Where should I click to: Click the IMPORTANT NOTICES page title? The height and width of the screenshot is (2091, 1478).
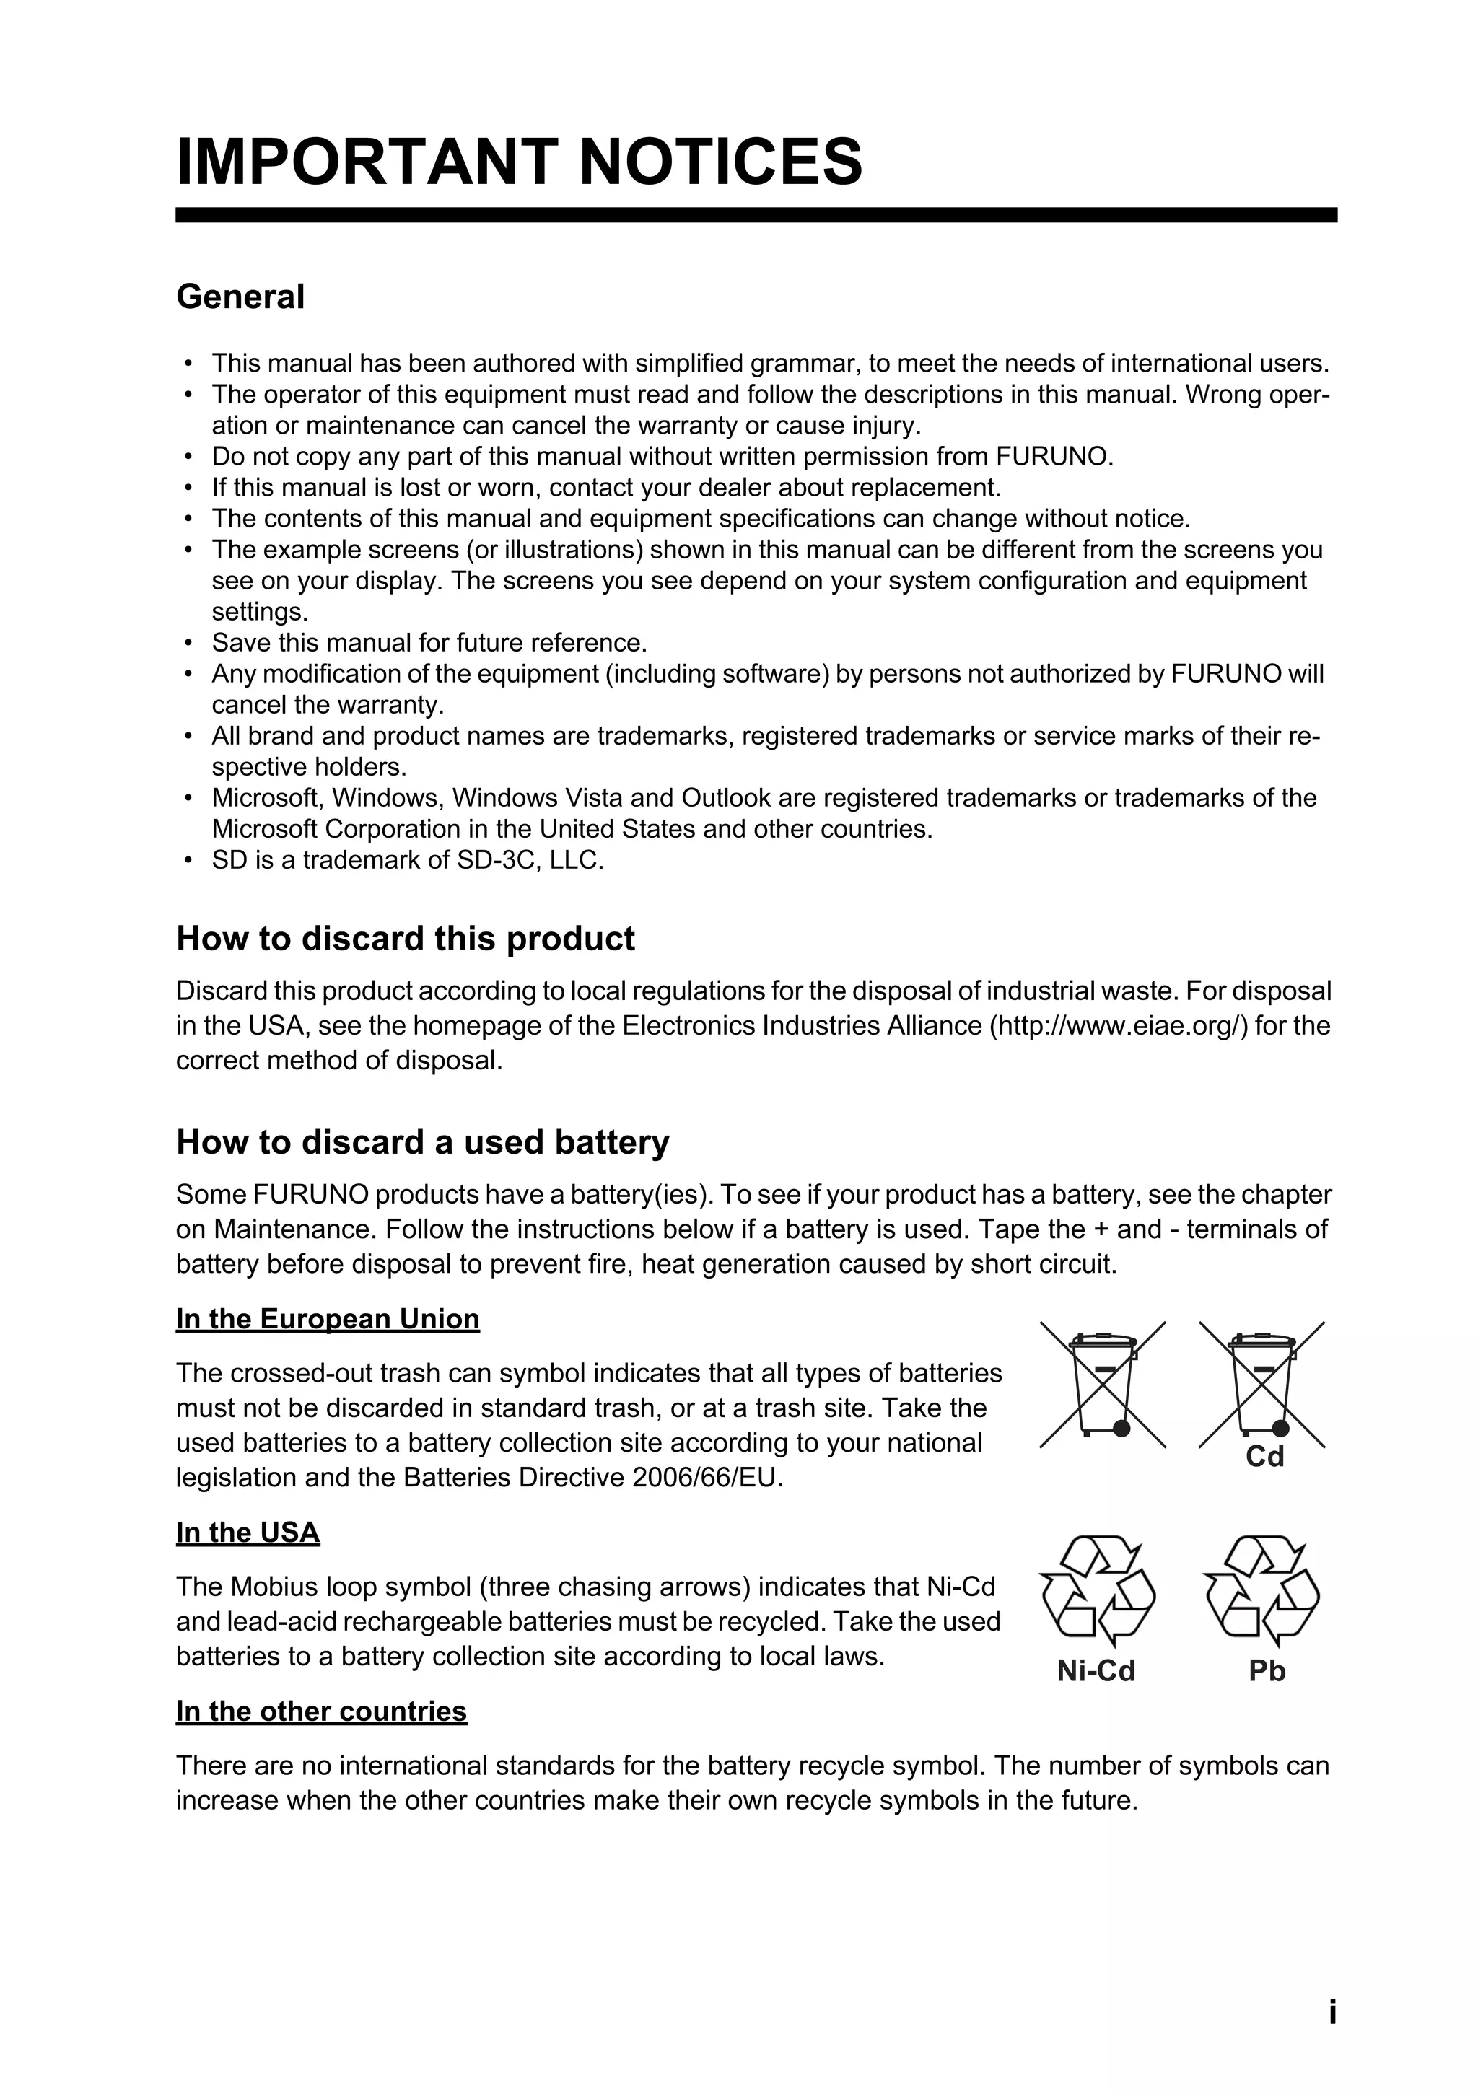point(519,162)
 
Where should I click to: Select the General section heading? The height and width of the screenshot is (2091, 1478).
point(240,297)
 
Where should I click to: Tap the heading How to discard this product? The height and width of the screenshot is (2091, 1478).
point(406,939)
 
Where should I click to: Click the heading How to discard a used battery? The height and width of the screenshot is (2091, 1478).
point(423,1142)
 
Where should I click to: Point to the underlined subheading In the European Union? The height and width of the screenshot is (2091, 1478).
point(328,1319)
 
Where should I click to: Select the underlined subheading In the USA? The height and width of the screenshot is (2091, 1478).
point(248,1533)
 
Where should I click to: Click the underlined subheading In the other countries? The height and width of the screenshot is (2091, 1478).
point(321,1711)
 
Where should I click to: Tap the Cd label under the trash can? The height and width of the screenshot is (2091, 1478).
point(1264,1457)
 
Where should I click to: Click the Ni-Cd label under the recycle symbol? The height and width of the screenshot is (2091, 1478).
point(1096,1671)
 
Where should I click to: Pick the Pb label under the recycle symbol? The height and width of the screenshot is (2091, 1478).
point(1267,1671)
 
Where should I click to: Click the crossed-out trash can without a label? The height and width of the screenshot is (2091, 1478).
point(1103,1385)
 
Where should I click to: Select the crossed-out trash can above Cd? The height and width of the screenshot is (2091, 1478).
point(1262,1385)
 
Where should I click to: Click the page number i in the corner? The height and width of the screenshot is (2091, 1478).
point(1332,2012)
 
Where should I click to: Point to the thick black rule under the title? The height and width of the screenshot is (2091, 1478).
point(756,215)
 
